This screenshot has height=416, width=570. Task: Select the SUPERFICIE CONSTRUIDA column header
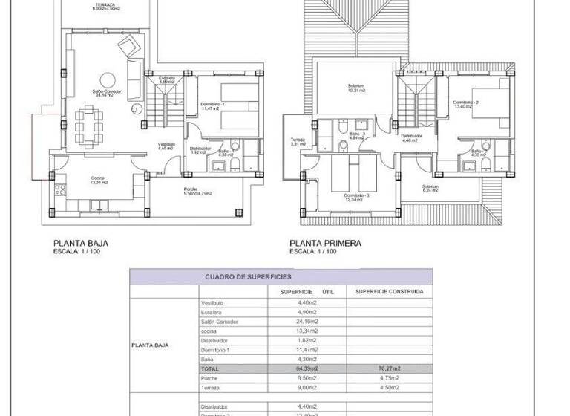(390, 292)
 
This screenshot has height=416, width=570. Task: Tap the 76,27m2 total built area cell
(390, 368)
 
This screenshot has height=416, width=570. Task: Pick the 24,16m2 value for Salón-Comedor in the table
(307, 322)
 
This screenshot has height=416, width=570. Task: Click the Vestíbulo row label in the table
(212, 303)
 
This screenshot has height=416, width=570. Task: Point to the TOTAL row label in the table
(211, 368)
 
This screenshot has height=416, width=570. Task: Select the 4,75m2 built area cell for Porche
(390, 377)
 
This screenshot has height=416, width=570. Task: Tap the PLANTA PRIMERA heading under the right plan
(325, 242)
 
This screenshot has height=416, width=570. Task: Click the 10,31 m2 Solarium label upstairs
(356, 88)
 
